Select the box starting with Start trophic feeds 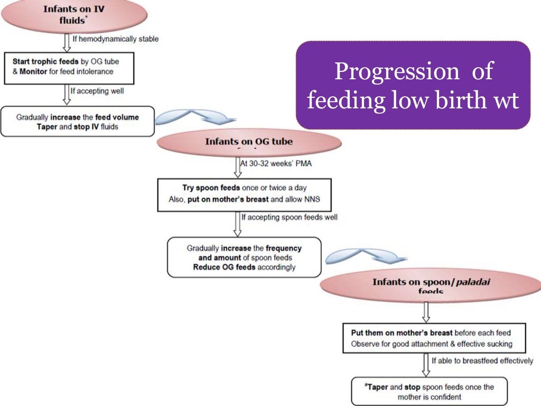(x=69, y=67)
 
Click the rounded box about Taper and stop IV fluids (x=78, y=122)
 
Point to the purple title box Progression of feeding (x=413, y=85)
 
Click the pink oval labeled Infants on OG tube (x=249, y=143)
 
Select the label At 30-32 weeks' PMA (x=276, y=163)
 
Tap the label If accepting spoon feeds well (x=289, y=217)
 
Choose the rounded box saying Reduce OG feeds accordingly (x=244, y=257)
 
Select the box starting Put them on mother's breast (x=434, y=338)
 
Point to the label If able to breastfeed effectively (x=482, y=361)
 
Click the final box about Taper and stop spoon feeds (x=429, y=391)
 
